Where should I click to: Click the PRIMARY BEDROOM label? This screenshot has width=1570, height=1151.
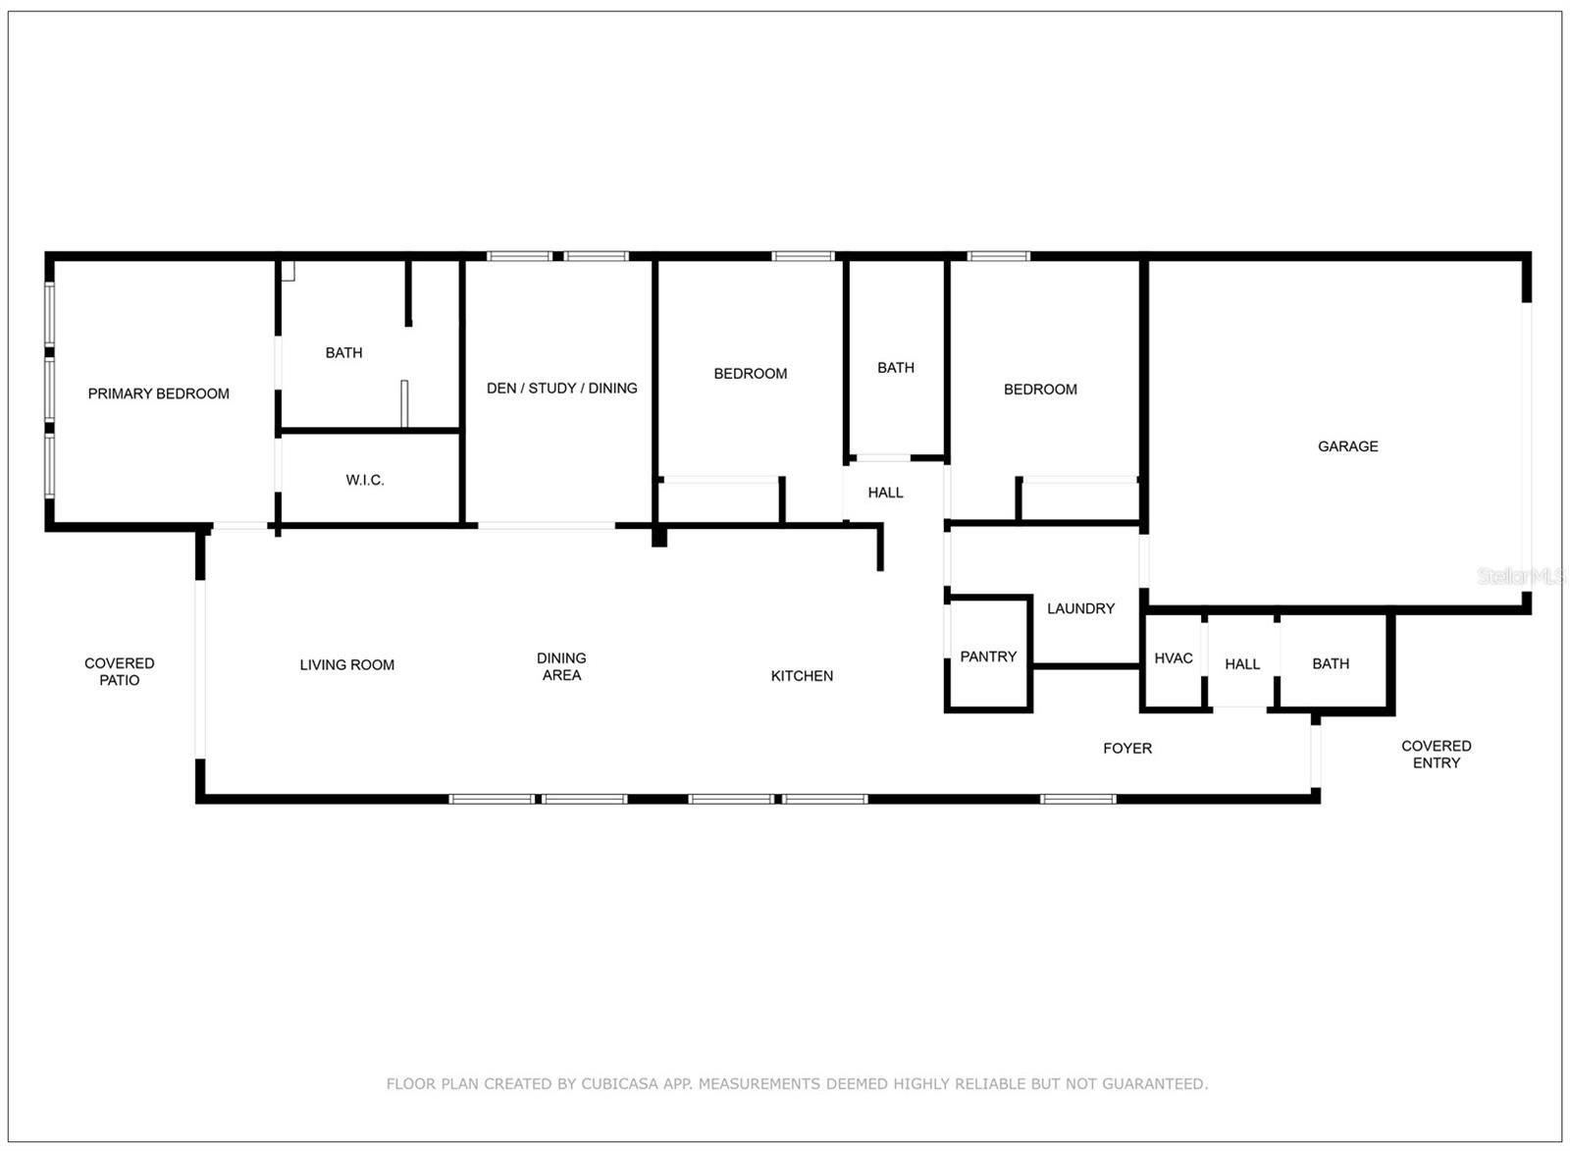(x=158, y=393)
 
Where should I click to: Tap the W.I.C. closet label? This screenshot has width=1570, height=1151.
(x=364, y=480)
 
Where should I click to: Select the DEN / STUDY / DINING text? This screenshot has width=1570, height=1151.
(x=561, y=389)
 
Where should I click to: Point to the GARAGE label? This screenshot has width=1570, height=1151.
(x=1347, y=446)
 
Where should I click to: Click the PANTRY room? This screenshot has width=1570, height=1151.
(x=987, y=656)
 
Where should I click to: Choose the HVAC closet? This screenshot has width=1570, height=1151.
(x=1173, y=658)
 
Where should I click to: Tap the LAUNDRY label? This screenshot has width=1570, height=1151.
(x=1080, y=608)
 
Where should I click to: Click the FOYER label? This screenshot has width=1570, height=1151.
(x=1126, y=748)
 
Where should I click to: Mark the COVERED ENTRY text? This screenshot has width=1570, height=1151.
(x=1436, y=754)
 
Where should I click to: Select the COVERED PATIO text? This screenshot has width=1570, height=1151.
(x=119, y=671)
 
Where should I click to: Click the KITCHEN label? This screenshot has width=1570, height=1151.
(x=802, y=676)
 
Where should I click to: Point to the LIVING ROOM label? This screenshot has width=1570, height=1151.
(x=346, y=665)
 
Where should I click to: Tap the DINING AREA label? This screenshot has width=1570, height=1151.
(x=561, y=666)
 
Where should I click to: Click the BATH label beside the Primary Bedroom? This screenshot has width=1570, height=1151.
(x=343, y=352)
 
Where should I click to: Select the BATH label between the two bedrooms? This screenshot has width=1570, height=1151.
(x=895, y=368)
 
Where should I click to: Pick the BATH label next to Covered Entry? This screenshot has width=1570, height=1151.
(x=1330, y=664)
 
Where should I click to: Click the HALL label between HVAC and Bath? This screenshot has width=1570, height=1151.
(x=1241, y=664)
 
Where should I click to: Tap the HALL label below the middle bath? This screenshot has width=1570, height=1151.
(x=885, y=493)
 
